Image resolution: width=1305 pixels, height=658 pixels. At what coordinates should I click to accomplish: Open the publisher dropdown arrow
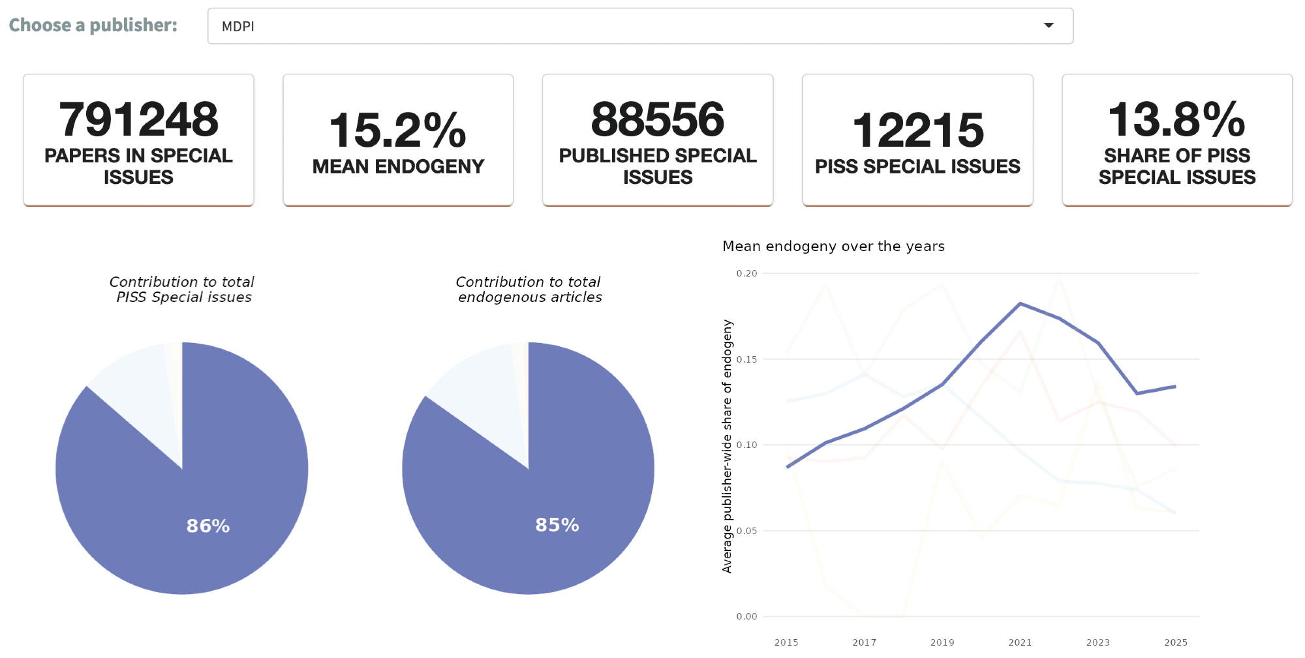(1049, 25)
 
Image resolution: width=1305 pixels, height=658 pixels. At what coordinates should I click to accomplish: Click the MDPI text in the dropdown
(238, 27)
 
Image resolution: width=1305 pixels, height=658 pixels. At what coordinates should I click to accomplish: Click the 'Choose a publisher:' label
(93, 25)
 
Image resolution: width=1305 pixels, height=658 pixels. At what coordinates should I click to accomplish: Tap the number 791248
(138, 119)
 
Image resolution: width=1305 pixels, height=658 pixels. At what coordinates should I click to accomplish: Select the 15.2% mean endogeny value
(397, 130)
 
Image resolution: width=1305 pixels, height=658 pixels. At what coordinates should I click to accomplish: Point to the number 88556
(657, 119)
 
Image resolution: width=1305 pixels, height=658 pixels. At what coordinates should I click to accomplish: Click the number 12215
(917, 130)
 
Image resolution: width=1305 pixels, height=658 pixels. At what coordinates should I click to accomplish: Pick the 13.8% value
(1176, 119)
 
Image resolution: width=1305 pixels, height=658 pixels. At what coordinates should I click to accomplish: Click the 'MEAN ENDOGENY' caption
(398, 166)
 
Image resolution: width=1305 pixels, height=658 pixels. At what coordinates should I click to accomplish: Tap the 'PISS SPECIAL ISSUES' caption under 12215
(917, 166)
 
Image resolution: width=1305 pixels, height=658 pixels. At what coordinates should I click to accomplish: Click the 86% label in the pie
(208, 526)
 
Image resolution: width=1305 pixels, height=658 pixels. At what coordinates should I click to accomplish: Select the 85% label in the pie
(557, 525)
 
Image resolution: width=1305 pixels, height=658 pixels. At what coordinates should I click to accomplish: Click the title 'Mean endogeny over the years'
(833, 246)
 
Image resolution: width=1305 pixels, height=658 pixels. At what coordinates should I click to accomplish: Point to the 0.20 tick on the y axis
(746, 273)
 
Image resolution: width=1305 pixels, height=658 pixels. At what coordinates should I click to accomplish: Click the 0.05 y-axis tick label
(746, 531)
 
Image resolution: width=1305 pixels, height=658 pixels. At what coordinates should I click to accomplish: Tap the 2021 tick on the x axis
(1020, 642)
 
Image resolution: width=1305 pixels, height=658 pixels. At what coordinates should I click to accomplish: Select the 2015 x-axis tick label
(786, 642)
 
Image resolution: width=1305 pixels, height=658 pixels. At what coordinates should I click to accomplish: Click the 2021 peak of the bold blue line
(1020, 303)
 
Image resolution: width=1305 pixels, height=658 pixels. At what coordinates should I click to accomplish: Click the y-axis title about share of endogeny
(727, 446)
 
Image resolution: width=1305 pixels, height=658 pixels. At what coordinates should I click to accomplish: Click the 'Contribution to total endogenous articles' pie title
(529, 289)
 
